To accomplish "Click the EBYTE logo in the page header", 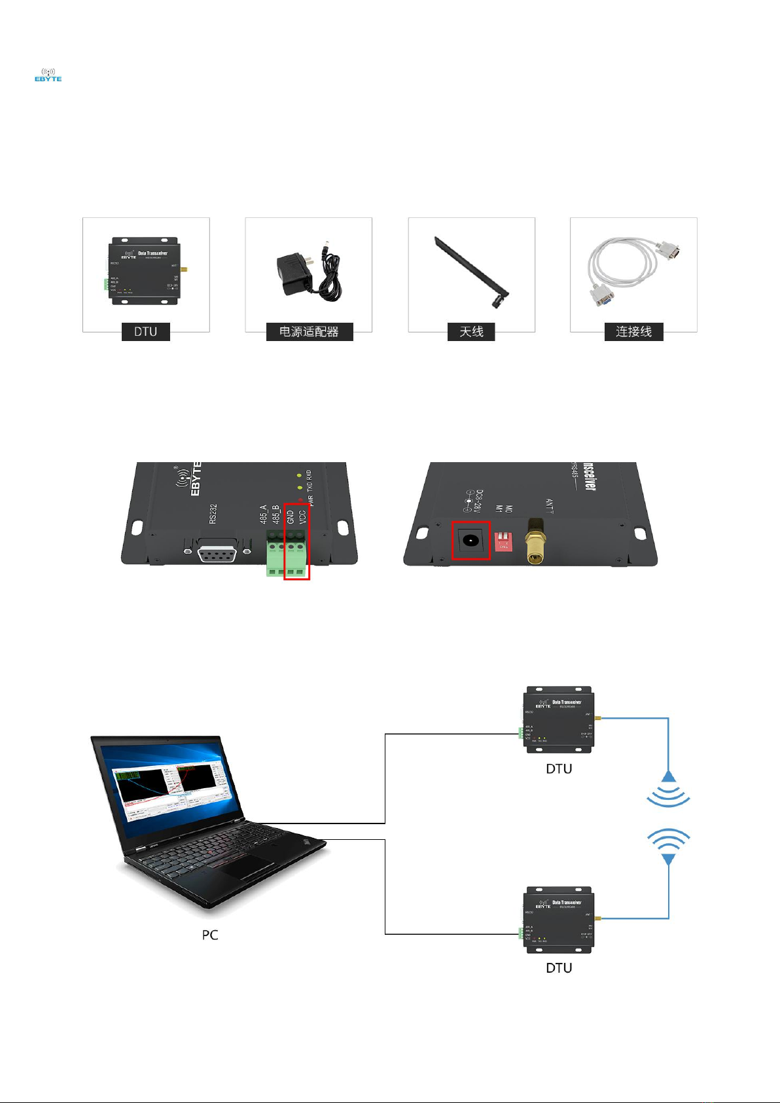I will [x=48, y=75].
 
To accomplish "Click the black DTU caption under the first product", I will [x=145, y=332].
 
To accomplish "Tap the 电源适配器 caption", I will [x=309, y=332].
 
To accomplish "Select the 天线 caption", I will [x=471, y=332].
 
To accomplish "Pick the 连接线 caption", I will [x=633, y=332].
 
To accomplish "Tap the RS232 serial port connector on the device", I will [x=218, y=553].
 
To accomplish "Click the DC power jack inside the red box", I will [x=470, y=541].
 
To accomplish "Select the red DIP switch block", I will [x=503, y=541].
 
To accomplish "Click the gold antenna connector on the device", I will [x=535, y=541].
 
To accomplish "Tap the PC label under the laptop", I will [x=209, y=935].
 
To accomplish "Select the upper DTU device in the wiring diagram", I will [x=559, y=719].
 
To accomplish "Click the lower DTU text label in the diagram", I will [x=559, y=967].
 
